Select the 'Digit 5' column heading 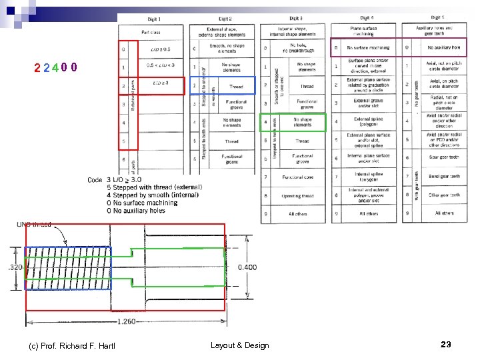[437, 17]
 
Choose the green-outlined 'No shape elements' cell [302, 123]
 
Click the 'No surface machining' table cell [369, 48]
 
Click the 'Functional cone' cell [302, 177]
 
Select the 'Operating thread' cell [302, 195]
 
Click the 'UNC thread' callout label [33, 225]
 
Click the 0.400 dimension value [247, 267]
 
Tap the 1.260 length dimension [127, 322]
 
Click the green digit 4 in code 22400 [53, 67]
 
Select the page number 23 [446, 344]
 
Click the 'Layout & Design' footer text [239, 345]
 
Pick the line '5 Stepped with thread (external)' [153, 187]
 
